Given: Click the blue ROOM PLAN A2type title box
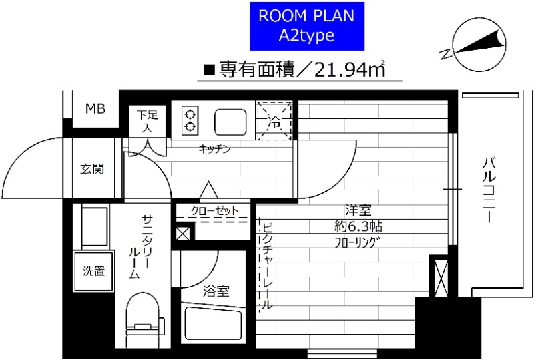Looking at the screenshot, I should pos(306,27).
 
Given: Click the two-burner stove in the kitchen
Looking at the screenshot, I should pos(190,120).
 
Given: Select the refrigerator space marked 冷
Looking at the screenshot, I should pos(275,120).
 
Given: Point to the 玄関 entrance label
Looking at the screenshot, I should pos(93,169).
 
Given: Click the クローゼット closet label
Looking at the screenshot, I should pos(215,210).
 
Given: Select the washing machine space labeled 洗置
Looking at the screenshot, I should pos(93,271).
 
